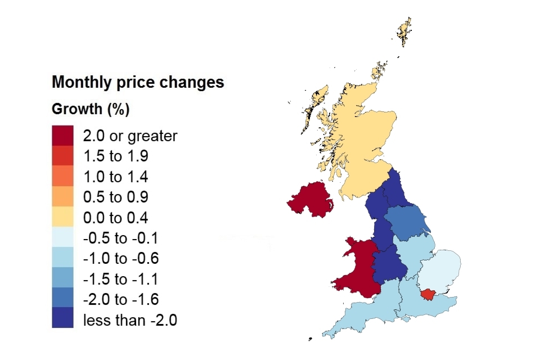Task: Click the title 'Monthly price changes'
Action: tap(138, 82)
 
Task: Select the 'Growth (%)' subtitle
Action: tap(91, 109)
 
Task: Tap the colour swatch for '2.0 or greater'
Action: tap(62, 135)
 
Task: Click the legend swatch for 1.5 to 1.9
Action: tap(62, 156)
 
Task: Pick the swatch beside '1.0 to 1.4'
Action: tap(62, 177)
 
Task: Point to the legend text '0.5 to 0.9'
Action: tap(115, 197)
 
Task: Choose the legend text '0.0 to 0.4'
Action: tap(115, 218)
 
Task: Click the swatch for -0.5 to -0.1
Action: tap(62, 238)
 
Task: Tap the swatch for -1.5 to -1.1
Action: tap(62, 279)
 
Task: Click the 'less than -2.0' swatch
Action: tap(62, 319)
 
